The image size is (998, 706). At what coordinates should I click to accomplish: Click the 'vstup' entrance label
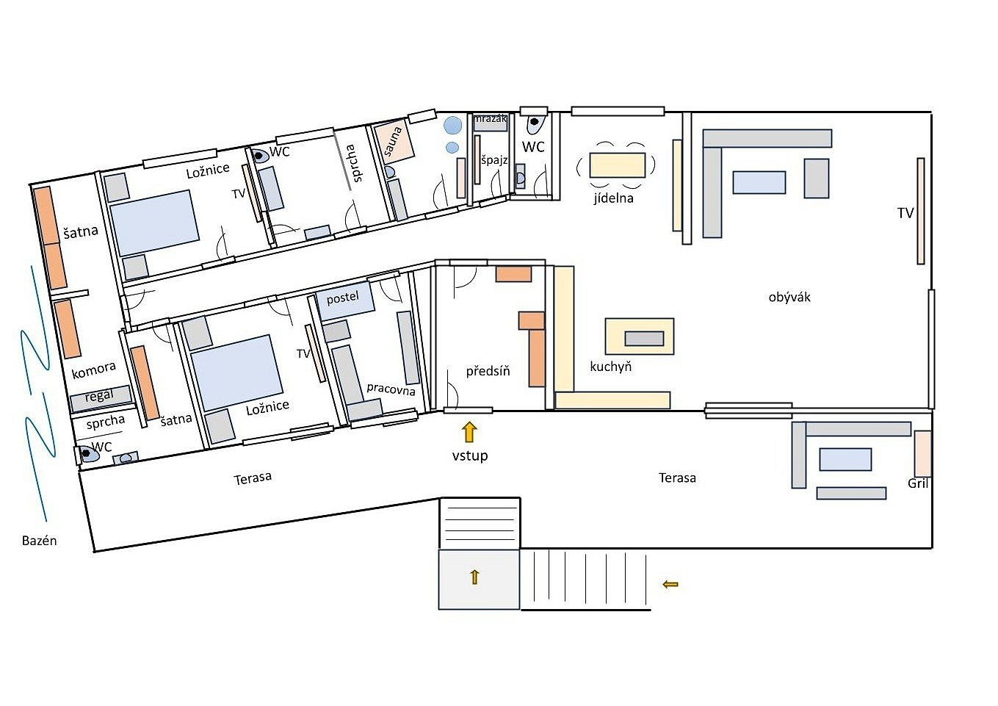pos(469,455)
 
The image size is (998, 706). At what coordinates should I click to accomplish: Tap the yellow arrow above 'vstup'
pos(469,432)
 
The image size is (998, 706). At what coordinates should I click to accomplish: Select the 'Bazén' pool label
pos(39,541)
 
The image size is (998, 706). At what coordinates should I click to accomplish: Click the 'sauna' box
pos(394,141)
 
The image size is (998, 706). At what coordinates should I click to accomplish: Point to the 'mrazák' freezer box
pos(490,122)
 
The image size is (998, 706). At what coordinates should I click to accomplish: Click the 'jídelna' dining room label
pos(613,198)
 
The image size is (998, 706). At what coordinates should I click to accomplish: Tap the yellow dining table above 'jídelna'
pos(617,165)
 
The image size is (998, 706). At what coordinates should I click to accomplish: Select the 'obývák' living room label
pos(789,298)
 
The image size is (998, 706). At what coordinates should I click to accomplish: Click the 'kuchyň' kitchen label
pos(610,367)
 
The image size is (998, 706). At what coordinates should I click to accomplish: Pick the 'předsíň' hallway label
pos(488,371)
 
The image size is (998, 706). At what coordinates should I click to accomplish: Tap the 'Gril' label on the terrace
pos(918,483)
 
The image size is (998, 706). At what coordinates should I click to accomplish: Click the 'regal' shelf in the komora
pos(101,398)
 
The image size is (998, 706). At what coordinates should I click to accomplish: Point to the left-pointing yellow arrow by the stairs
pos(670,584)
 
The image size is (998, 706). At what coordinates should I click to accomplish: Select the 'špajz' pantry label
pos(494,159)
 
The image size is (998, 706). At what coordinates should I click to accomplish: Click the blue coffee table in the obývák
pos(759,182)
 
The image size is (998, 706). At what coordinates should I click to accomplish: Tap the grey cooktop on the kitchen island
pos(644,339)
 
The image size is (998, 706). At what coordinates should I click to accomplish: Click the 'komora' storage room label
pos(93,370)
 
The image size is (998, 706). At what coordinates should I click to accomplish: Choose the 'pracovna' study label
pos(391,389)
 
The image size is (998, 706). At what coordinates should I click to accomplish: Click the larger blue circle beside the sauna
pos(452,125)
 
